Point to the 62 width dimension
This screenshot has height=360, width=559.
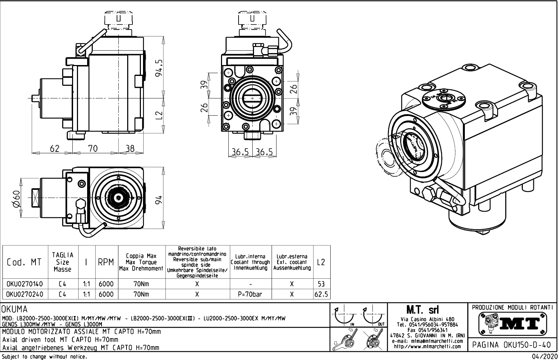point(54,149)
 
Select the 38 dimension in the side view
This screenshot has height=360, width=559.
point(130,149)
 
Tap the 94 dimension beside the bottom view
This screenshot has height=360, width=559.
point(159,200)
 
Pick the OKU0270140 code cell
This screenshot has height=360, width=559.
point(25,284)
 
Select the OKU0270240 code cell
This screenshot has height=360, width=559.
point(25,294)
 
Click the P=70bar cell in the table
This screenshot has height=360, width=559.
point(250,294)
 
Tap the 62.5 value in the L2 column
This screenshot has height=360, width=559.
point(321,294)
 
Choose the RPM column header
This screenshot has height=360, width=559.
point(106,262)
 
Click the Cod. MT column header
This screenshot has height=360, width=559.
point(24,262)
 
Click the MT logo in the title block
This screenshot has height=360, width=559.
point(513,323)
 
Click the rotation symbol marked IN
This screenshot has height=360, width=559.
point(344,316)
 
